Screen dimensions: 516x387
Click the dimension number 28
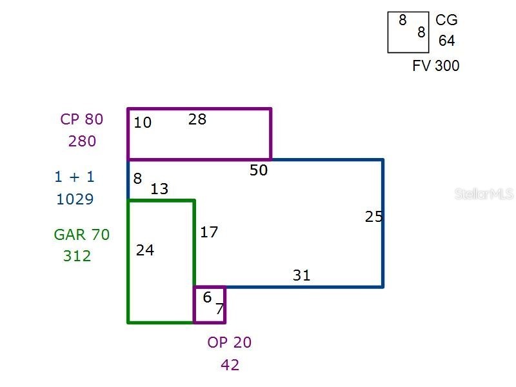pyautogui.click(x=197, y=119)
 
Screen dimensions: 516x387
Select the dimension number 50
pyautogui.click(x=259, y=170)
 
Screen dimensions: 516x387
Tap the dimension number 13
pyautogui.click(x=159, y=189)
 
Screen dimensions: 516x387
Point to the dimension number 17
pyautogui.click(x=209, y=232)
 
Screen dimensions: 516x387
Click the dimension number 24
pyautogui.click(x=145, y=250)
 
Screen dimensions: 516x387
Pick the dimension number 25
pyautogui.click(x=374, y=217)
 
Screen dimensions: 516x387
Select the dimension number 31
pyautogui.click(x=301, y=275)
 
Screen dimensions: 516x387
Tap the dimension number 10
pyautogui.click(x=143, y=123)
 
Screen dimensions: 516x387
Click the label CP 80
pyautogui.click(x=82, y=119)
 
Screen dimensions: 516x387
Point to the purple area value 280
pyautogui.click(x=83, y=141)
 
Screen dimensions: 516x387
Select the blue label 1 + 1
pyautogui.click(x=75, y=177)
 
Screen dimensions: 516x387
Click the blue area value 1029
pyautogui.click(x=75, y=199)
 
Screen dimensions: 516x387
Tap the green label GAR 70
pyautogui.click(x=82, y=235)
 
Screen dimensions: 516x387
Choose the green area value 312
pyautogui.click(x=77, y=256)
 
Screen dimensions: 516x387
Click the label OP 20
pyautogui.click(x=230, y=342)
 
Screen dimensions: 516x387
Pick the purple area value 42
pyautogui.click(x=230, y=365)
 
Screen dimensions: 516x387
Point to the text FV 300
pyautogui.click(x=436, y=66)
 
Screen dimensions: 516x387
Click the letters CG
pyautogui.click(x=446, y=20)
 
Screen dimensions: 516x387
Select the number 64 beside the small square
pyautogui.click(x=446, y=41)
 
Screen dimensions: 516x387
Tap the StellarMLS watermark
pyautogui.click(x=484, y=194)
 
